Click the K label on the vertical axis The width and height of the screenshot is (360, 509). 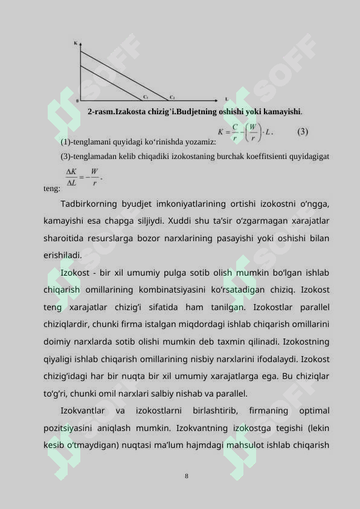click(x=76, y=43)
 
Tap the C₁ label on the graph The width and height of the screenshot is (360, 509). click(x=146, y=97)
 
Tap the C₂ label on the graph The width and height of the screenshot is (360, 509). click(x=172, y=97)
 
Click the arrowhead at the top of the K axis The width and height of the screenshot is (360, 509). click(x=80, y=43)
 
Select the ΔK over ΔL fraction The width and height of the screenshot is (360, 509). click(x=72, y=177)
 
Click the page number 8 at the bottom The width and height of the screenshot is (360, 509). click(x=187, y=476)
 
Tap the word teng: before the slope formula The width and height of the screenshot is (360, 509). click(x=52, y=189)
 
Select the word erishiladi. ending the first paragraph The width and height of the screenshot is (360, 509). click(x=62, y=255)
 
